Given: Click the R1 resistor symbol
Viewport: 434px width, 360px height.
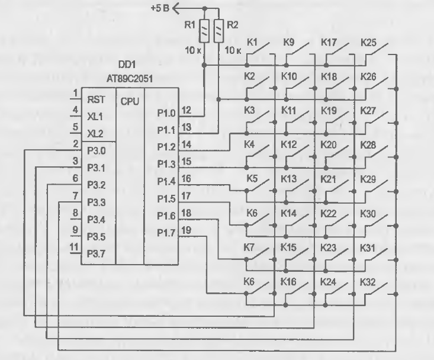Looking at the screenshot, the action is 204,31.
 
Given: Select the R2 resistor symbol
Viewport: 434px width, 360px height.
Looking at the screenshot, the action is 218,31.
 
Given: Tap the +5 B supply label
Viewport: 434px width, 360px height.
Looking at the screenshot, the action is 160,8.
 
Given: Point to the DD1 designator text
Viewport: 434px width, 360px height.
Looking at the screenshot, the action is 127,65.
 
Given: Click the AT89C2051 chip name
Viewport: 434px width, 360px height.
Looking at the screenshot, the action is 130,79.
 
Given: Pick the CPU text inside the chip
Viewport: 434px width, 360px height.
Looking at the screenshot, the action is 130,102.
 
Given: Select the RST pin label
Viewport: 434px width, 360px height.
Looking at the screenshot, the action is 96,99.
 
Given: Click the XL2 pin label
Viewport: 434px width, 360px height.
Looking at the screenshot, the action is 95,134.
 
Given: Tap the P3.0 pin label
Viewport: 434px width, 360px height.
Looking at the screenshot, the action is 97,151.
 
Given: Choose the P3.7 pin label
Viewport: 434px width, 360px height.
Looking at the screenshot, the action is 97,254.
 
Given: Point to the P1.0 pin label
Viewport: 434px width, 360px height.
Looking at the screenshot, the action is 166,113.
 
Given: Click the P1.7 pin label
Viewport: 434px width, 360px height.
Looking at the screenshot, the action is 166,233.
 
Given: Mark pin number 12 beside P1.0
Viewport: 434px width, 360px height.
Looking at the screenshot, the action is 187,110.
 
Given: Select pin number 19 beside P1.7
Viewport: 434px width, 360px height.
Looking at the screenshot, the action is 187,230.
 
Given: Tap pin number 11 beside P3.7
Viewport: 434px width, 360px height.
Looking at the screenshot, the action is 74,247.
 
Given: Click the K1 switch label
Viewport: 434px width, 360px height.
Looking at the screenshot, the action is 252,43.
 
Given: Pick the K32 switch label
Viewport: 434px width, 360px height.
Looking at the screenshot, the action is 368,282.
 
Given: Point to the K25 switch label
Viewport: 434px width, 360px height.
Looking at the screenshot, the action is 368,43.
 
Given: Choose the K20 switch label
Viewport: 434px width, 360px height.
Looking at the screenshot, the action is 329,144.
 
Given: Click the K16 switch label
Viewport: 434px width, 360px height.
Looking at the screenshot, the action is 288,282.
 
